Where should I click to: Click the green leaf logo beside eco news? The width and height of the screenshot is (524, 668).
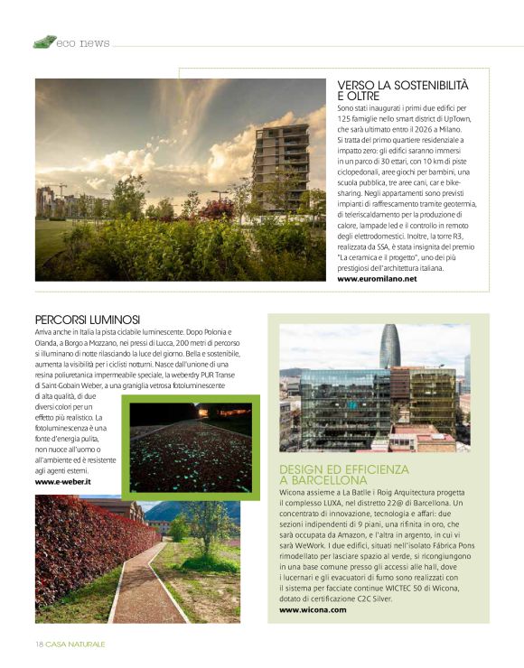[x=44, y=42]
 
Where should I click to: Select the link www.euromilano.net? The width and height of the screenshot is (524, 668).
[x=377, y=279]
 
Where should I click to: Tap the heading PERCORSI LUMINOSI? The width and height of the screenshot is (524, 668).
[x=87, y=320]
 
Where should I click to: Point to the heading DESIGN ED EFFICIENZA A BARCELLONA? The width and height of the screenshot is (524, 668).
[x=344, y=475]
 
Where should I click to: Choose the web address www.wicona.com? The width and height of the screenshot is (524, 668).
[x=313, y=610]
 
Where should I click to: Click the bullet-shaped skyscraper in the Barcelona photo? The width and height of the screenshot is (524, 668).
[x=390, y=346]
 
